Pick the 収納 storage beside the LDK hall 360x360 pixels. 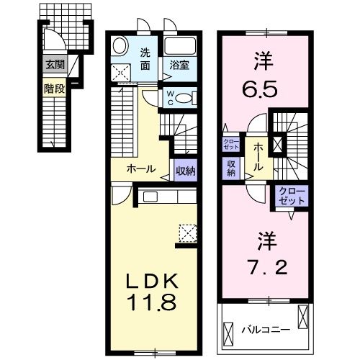click(x=184, y=170)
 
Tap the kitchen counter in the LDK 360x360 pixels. click(x=165, y=197)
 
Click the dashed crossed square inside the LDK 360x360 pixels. click(x=189, y=231)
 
